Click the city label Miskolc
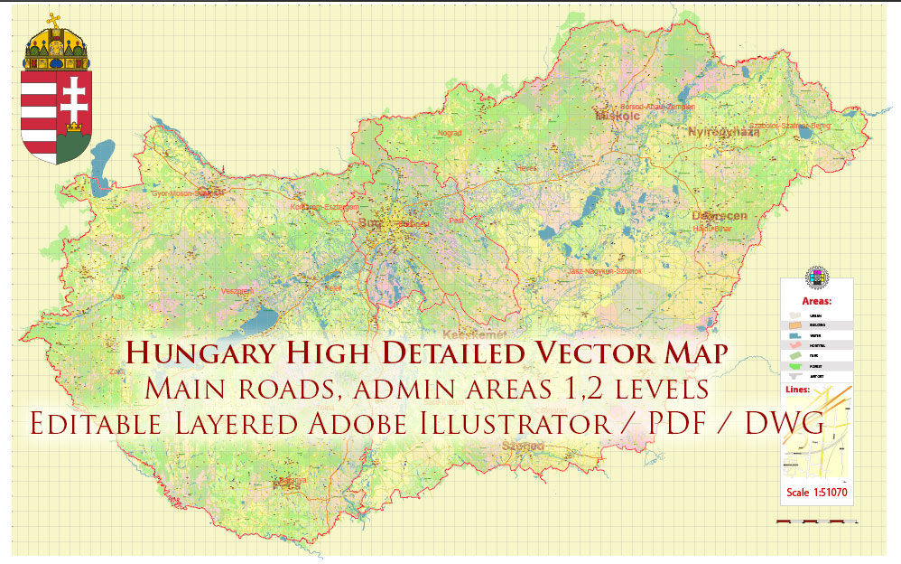tap(617, 117)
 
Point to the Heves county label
tap(526, 168)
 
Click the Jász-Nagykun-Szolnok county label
tap(604, 271)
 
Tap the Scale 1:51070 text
tap(815, 493)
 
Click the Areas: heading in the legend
tap(816, 300)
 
